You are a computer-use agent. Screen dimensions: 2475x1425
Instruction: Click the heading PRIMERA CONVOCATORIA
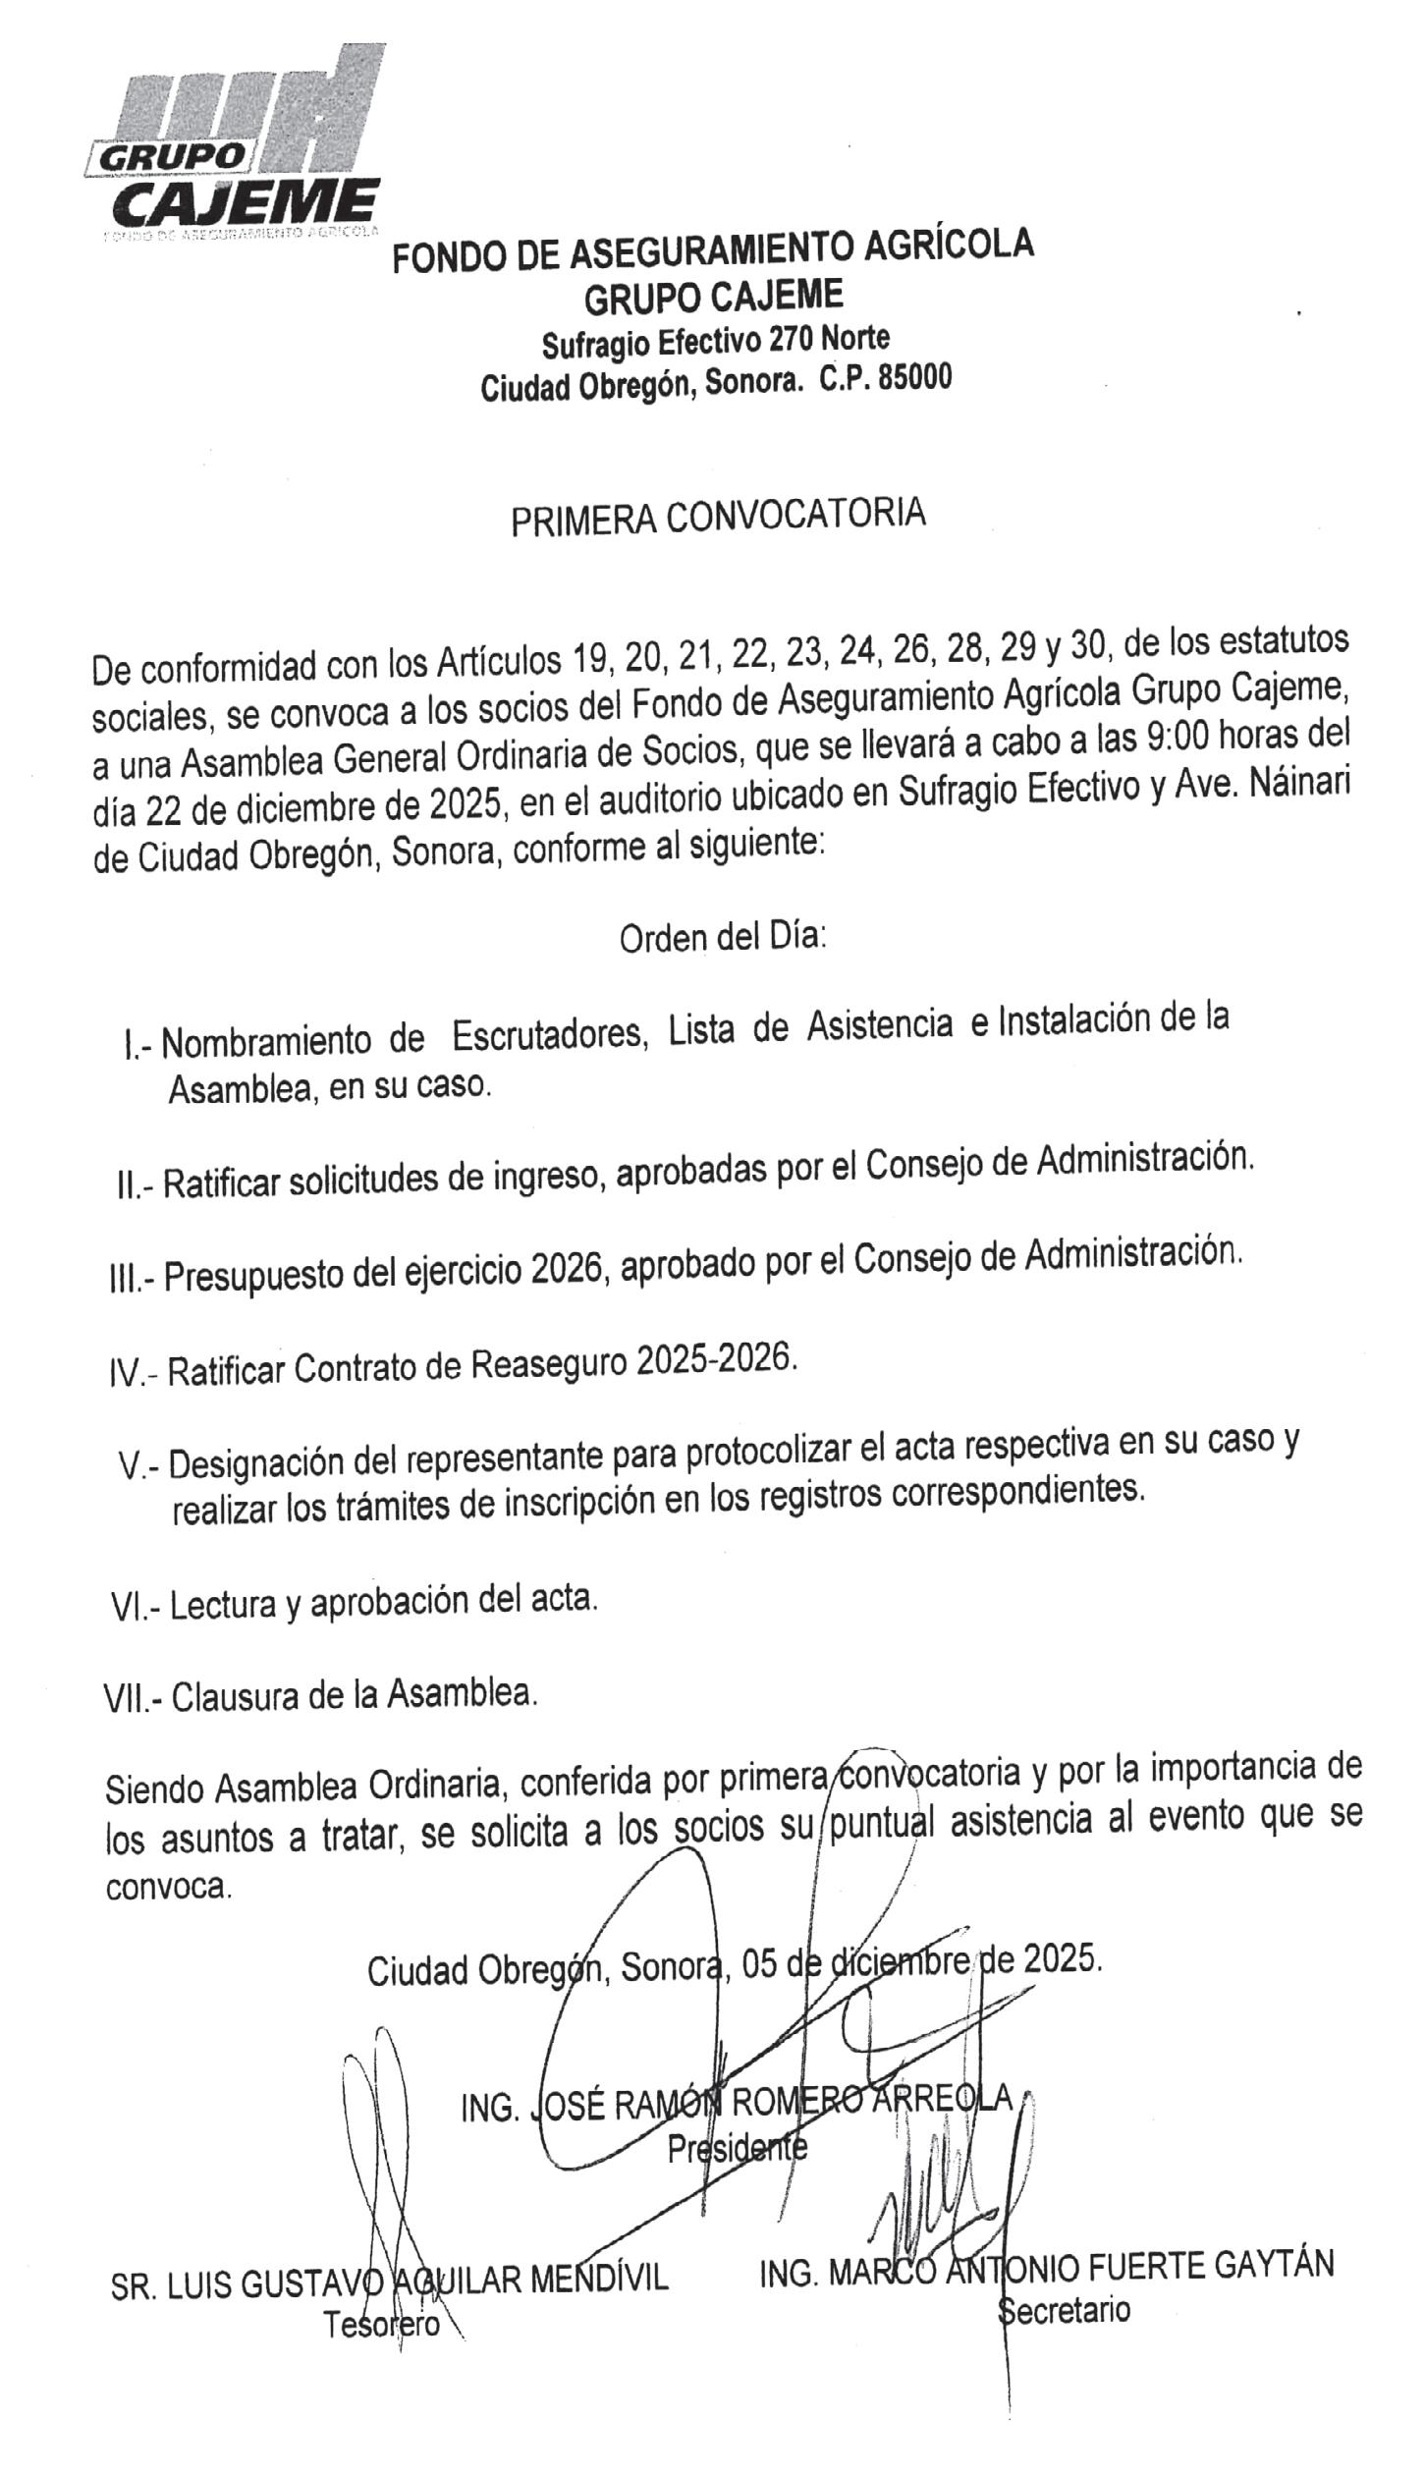pos(718,517)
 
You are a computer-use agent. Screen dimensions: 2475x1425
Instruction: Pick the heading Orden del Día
pos(723,937)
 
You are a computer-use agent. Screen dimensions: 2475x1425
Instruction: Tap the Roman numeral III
pos(125,1280)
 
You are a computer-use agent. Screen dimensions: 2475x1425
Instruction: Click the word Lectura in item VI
pos(224,1604)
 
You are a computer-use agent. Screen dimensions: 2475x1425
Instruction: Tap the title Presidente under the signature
pos(737,2148)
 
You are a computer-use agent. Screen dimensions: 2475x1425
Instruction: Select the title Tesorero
pos(382,2324)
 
